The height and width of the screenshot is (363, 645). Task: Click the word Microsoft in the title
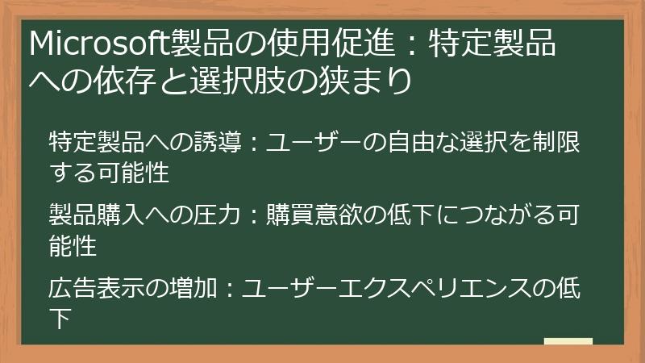tap(99, 43)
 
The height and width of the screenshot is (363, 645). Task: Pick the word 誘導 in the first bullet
tap(218, 142)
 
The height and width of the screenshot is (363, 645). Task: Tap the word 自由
tap(412, 142)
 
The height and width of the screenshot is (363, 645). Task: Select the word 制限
tap(556, 142)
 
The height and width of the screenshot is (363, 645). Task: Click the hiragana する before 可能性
tap(73, 173)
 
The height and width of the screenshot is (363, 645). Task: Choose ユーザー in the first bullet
tap(314, 142)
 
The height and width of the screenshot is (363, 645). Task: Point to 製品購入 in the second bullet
tap(97, 215)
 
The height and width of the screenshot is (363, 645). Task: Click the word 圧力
tap(217, 215)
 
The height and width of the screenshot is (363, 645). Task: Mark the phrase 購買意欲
tap(314, 215)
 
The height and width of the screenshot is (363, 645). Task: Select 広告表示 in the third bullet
tap(97, 288)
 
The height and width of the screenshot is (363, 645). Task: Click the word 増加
tap(193, 288)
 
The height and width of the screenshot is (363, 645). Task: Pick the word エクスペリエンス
tap(434, 288)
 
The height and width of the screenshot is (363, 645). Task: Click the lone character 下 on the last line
tap(60, 318)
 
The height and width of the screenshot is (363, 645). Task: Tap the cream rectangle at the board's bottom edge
tap(568, 341)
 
